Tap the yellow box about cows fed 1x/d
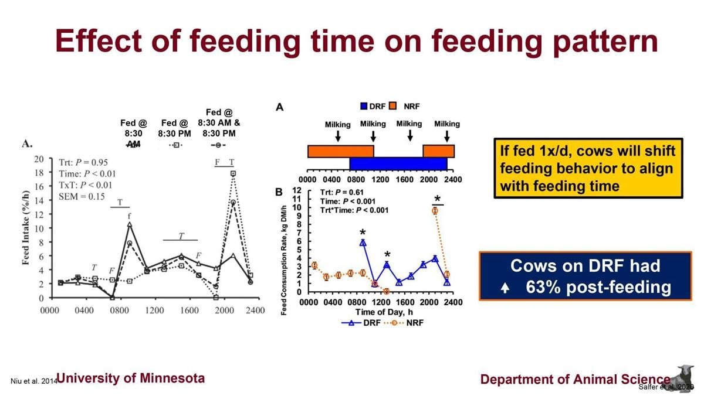(587, 169)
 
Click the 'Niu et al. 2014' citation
(32, 381)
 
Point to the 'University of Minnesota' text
(130, 378)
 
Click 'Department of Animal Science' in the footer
(575, 379)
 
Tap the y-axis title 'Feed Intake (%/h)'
(26, 228)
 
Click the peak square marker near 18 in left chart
(233, 174)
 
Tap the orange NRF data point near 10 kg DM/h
(435, 210)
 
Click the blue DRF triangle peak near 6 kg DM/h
(363, 242)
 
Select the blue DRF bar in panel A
(398, 163)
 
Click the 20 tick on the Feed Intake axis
(40, 159)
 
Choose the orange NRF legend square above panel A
(392, 107)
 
